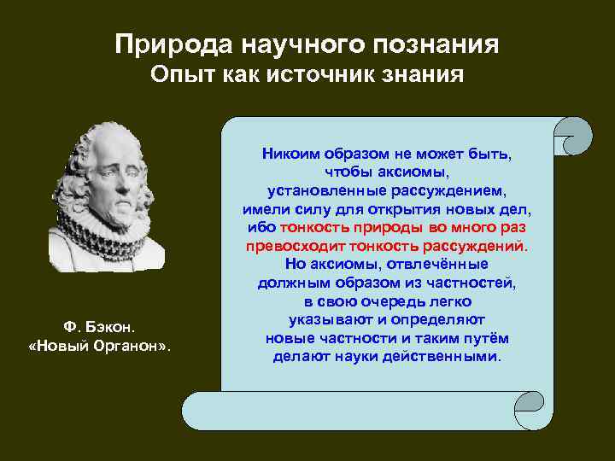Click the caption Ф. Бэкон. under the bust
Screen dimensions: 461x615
(x=99, y=328)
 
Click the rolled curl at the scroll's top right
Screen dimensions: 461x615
(x=572, y=136)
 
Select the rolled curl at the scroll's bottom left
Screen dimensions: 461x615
(x=202, y=411)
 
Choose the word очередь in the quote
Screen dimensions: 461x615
(x=387, y=302)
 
